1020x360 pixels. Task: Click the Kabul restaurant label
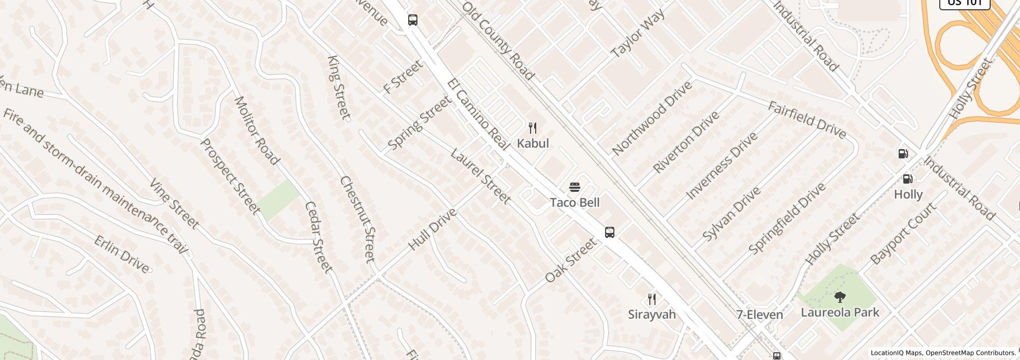click(533, 143)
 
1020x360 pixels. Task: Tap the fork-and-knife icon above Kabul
click(533, 128)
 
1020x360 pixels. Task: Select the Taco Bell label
click(574, 203)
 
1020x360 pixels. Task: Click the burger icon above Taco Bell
click(574, 187)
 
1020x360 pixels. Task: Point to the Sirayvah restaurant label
click(651, 314)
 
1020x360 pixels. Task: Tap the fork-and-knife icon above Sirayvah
click(651, 299)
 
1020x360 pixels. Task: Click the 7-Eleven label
click(759, 315)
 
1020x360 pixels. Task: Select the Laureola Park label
click(840, 312)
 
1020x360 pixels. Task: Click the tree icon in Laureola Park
click(840, 297)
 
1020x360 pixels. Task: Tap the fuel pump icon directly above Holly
click(908, 179)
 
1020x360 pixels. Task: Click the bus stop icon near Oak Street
click(609, 232)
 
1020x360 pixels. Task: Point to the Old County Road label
click(498, 41)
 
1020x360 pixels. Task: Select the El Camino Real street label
click(478, 114)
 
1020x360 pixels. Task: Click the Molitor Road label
click(256, 130)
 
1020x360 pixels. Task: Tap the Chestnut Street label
click(358, 219)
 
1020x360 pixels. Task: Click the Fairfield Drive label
click(807, 120)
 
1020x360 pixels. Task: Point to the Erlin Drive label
click(122, 254)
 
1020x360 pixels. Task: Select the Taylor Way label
click(637, 33)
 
